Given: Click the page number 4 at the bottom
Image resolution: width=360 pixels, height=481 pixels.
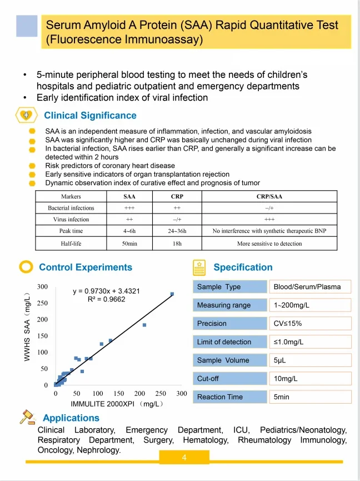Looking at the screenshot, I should [184, 458].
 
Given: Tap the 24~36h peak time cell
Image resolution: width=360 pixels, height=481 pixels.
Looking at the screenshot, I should [177, 231].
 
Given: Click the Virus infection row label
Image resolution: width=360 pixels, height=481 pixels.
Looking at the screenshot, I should [71, 220].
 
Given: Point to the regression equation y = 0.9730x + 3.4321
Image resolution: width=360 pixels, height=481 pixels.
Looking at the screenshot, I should [106, 291].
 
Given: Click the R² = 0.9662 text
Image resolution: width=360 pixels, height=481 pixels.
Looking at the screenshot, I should [106, 299].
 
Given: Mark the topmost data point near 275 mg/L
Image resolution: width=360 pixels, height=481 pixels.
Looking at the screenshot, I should [172, 294].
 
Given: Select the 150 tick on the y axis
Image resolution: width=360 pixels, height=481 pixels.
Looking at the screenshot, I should [42, 336].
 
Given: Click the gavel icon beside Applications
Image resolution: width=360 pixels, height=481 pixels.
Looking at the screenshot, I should [28, 417].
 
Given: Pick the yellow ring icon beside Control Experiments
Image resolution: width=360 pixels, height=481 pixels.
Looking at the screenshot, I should [26, 267].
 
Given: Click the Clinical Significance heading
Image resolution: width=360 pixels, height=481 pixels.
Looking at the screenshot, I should [90, 116].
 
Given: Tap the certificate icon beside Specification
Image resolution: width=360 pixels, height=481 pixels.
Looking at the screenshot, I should [199, 267].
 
